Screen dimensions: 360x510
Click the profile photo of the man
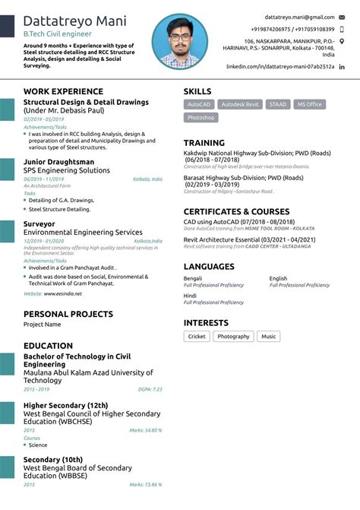179,42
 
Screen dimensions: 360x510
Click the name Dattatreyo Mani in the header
74,21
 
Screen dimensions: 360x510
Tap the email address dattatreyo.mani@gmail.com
299,16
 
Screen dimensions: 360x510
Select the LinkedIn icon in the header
342,67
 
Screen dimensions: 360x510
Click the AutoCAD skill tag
199,104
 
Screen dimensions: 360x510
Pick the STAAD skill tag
277,104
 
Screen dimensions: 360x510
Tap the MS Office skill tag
309,104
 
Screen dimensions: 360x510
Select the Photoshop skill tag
201,118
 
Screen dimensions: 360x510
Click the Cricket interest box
197,336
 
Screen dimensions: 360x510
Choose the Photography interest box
233,336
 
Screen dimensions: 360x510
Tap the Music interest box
268,336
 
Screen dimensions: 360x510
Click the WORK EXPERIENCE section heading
63,92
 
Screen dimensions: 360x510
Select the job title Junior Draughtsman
59,162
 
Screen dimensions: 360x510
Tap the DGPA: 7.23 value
150,389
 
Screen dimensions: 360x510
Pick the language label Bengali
193,278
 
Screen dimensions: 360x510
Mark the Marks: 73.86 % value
145,484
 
